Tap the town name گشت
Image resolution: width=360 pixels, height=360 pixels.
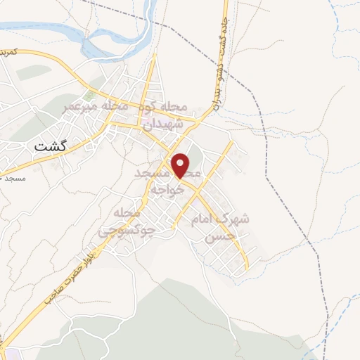tap(54, 147)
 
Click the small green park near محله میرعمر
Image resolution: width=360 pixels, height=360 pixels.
tap(89, 94)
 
